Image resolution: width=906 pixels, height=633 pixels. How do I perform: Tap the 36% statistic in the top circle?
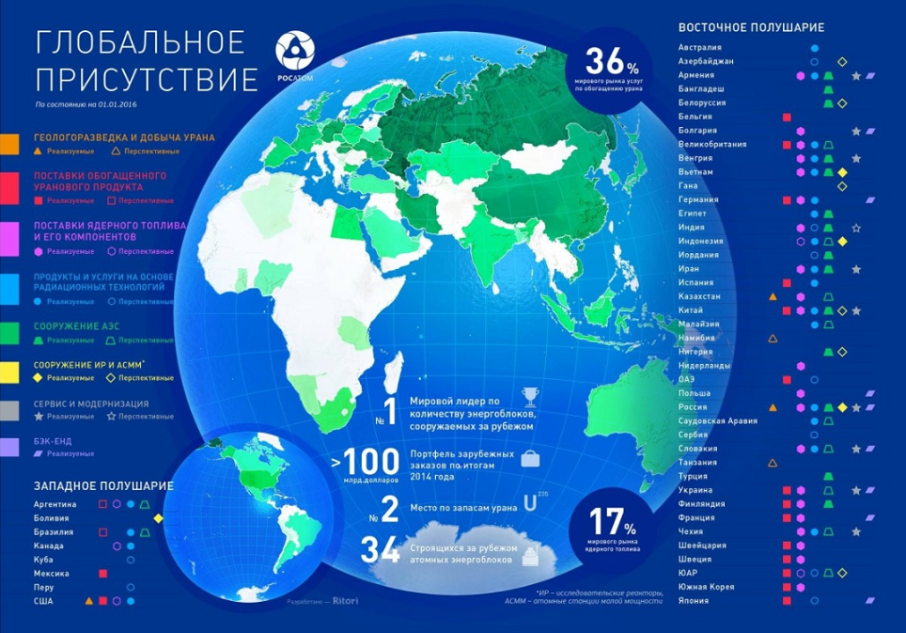[x=612, y=62]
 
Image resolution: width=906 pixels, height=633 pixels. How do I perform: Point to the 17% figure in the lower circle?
[x=612, y=520]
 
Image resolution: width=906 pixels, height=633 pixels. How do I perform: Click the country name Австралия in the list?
[x=700, y=47]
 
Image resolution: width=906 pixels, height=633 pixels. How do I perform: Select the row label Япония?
[x=695, y=601]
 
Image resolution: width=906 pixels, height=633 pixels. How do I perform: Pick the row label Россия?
[x=694, y=406]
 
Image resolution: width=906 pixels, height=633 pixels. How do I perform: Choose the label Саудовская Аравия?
[x=718, y=420]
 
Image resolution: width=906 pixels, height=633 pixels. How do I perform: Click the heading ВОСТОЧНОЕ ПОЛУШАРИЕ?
[x=751, y=27]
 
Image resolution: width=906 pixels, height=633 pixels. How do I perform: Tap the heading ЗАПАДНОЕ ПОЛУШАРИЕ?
[x=103, y=485]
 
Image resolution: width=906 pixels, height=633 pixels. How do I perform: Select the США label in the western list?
[x=43, y=600]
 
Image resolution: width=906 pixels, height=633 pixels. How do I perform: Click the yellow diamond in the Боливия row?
[x=159, y=518]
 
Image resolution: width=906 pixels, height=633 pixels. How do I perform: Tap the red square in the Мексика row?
[x=102, y=573]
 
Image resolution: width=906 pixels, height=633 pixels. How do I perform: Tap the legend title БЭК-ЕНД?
[x=53, y=440]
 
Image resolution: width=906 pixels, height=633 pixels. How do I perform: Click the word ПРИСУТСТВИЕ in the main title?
[x=145, y=78]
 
